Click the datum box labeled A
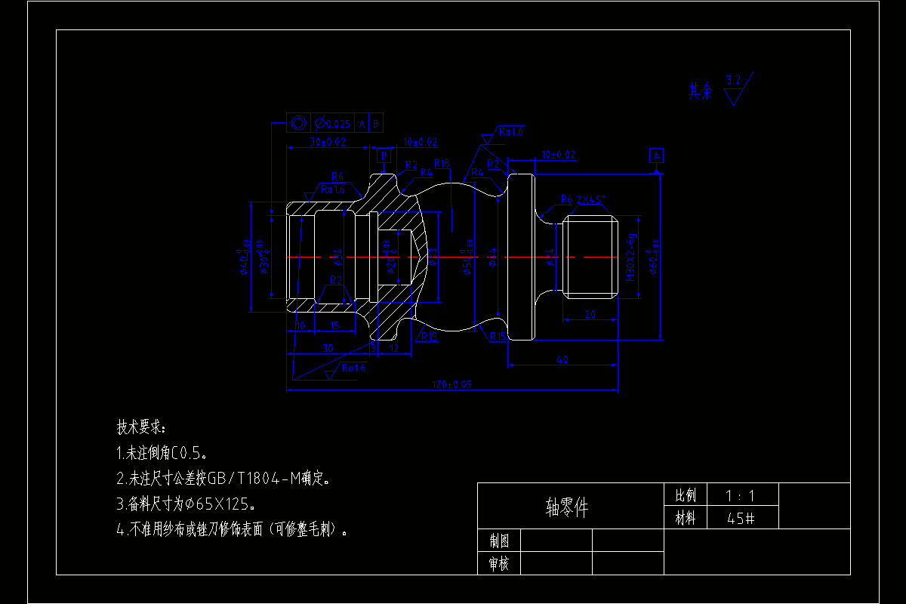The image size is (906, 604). pyautogui.click(x=657, y=156)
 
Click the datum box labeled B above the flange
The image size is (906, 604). pyautogui.click(x=384, y=156)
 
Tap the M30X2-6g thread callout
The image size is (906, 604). pyautogui.click(x=630, y=256)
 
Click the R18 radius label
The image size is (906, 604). pyautogui.click(x=442, y=164)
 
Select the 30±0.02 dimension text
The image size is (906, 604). pyautogui.click(x=328, y=142)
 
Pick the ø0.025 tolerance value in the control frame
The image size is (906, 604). pyautogui.click(x=333, y=124)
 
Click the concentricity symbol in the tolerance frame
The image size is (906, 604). pyautogui.click(x=297, y=124)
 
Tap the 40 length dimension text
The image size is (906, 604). pyautogui.click(x=562, y=360)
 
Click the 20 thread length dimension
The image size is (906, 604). pyautogui.click(x=590, y=315)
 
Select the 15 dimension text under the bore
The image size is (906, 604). pyautogui.click(x=334, y=325)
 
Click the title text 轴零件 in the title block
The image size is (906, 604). pyautogui.click(x=566, y=507)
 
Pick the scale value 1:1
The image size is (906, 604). pyautogui.click(x=740, y=496)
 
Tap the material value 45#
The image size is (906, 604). pyautogui.click(x=741, y=519)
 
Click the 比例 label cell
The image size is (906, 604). pyautogui.click(x=686, y=496)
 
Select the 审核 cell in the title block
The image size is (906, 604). pyautogui.click(x=498, y=563)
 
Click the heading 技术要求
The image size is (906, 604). pyautogui.click(x=140, y=427)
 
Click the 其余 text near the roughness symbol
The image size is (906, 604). pyautogui.click(x=700, y=92)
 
